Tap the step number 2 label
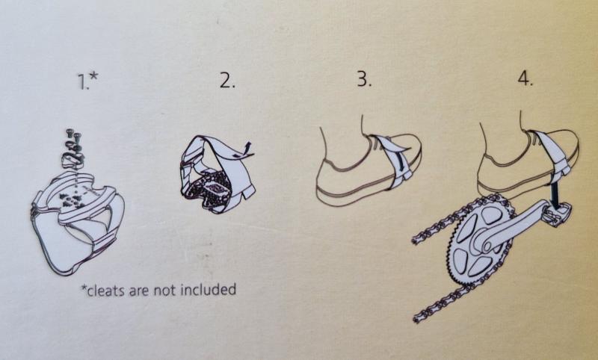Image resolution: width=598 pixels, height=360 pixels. pos(227,80)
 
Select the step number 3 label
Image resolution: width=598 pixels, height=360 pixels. pos(364,79)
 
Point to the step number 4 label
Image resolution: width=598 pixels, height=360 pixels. pos(525,79)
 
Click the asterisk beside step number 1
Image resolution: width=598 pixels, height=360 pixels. pos(94,76)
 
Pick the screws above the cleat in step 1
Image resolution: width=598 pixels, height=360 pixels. pos(73,138)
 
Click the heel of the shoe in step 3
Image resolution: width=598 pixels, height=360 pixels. pos(324,179)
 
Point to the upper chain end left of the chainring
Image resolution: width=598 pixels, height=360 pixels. pos(416,240)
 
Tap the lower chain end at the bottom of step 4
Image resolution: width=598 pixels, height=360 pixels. pos(419,317)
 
